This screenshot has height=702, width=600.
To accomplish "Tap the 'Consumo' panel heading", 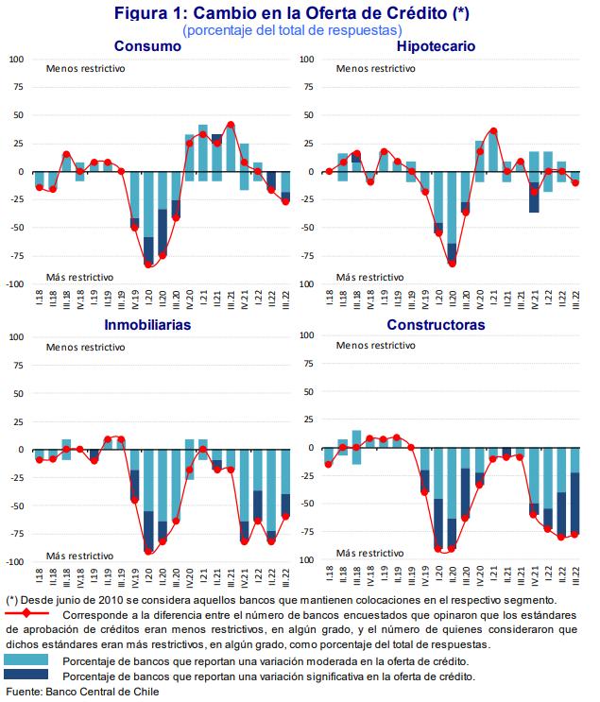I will click(148, 46).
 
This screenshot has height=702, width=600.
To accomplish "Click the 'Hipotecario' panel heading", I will click(436, 46).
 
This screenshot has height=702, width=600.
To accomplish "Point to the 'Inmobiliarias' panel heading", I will click(148, 324).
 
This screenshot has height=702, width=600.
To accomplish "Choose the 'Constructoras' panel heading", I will click(436, 324).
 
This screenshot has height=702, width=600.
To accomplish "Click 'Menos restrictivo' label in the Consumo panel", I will click(85, 68).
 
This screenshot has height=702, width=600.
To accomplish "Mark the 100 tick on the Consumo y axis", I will click(16, 60).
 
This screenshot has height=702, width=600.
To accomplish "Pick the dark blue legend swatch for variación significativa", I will click(28, 676).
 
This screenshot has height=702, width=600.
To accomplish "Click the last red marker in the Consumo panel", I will click(285, 201).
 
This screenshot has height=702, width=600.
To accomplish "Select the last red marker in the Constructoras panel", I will click(574, 535).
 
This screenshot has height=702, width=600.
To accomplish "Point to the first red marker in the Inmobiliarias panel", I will click(39, 459).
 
